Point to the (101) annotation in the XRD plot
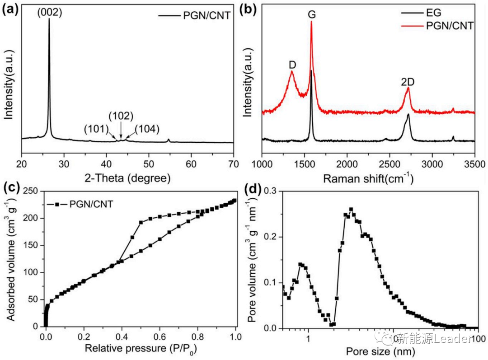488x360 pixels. point(96,129)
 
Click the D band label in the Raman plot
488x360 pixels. point(292,65)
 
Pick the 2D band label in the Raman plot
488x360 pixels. point(408,82)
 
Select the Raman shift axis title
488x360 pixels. point(368,178)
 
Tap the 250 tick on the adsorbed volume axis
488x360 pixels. point(33,192)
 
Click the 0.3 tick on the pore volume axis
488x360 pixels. point(270,192)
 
